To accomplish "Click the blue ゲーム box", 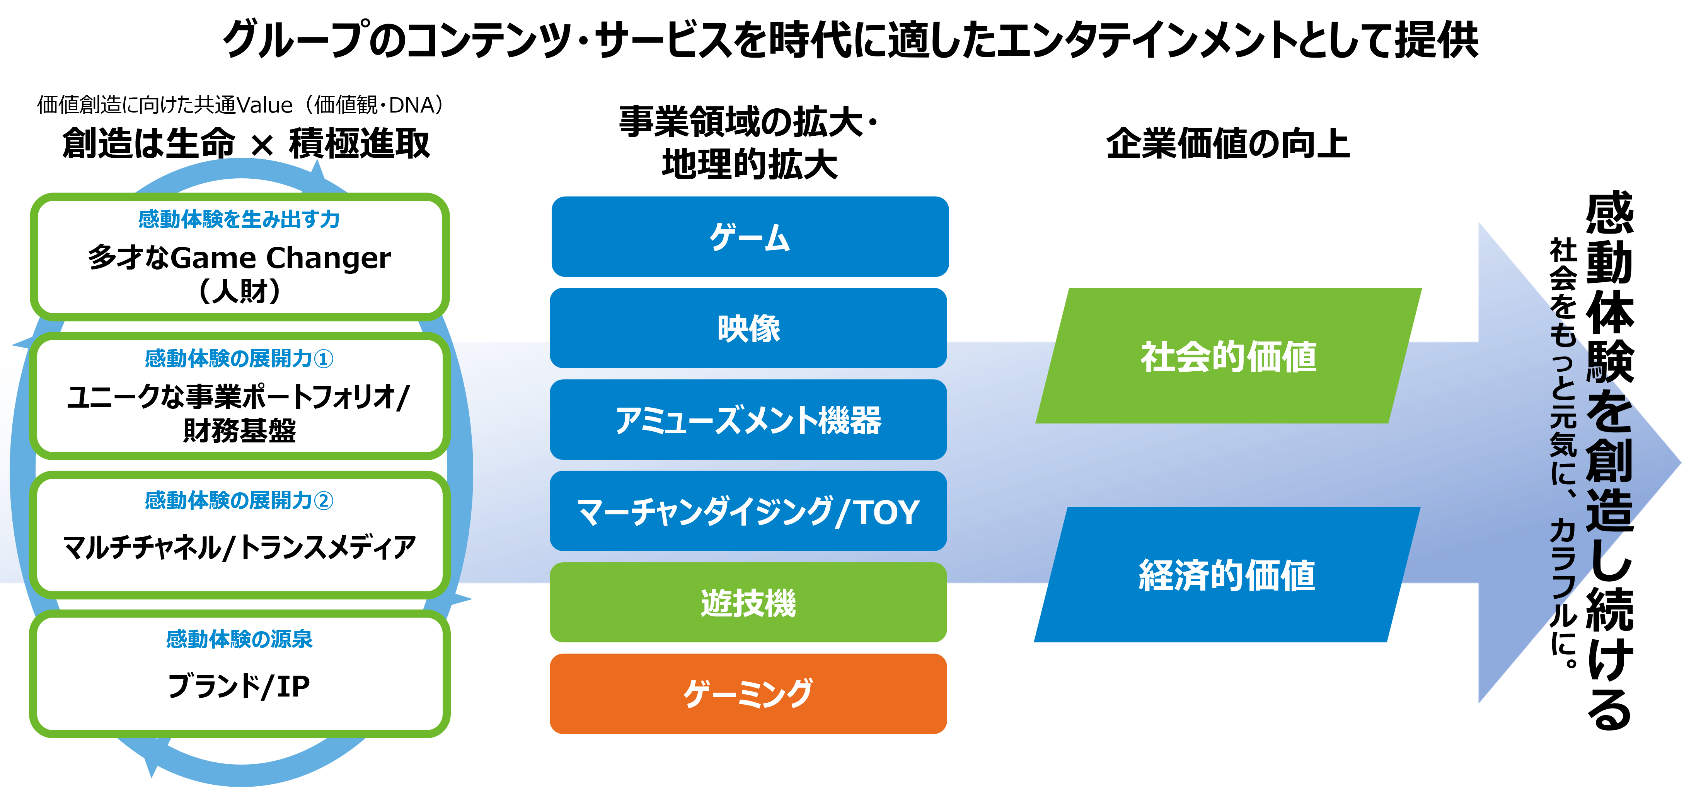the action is point(750,236).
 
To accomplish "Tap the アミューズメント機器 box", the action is point(748,419).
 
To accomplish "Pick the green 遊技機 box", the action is point(748,602).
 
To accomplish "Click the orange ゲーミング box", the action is point(748,693).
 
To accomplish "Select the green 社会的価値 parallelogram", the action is point(1228,356).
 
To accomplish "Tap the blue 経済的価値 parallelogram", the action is point(1227,575).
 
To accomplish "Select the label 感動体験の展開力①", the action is point(239,359).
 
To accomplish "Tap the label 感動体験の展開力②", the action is point(239,500).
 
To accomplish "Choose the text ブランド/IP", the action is point(239,686).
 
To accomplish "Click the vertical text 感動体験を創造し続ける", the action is point(1609,460).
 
